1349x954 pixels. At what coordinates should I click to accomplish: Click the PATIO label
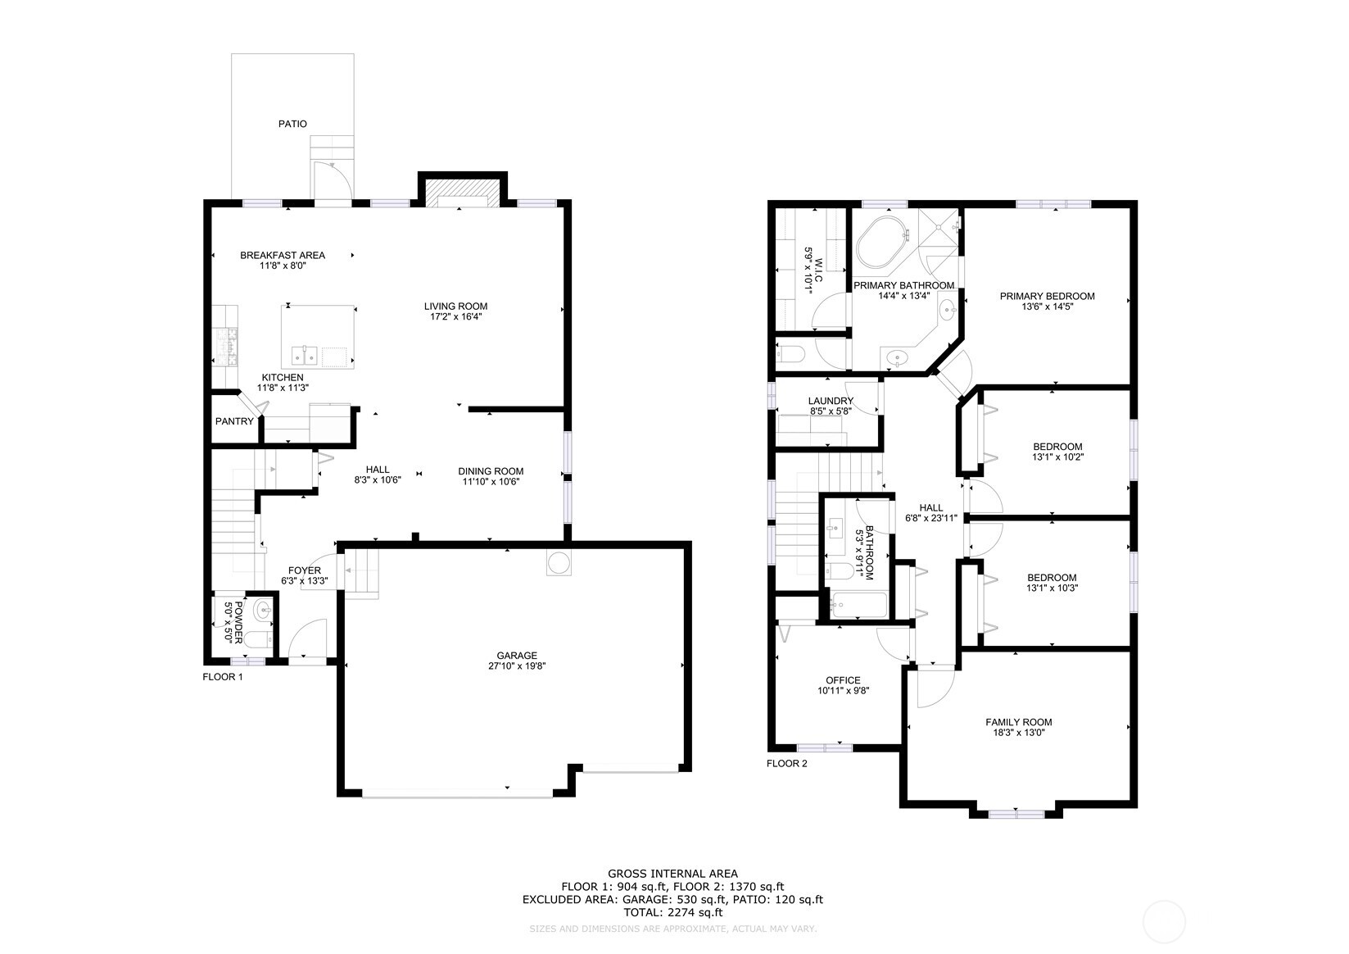pyautogui.click(x=292, y=124)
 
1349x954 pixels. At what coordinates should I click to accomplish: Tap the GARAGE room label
pyautogui.click(x=517, y=655)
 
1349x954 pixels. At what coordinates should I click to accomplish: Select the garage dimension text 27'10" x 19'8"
pyautogui.click(x=517, y=666)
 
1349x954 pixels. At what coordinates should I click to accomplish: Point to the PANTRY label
pyautogui.click(x=234, y=421)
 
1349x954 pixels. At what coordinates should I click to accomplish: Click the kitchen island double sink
pyautogui.click(x=305, y=356)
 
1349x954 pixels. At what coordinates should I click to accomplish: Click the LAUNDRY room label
pyautogui.click(x=831, y=401)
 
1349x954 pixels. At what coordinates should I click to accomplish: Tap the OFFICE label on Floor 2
pyautogui.click(x=843, y=680)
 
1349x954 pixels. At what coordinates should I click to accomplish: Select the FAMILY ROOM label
pyautogui.click(x=1018, y=722)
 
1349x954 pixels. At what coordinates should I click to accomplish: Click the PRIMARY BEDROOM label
pyautogui.click(x=1047, y=296)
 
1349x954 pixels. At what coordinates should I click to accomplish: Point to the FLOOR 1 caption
pyautogui.click(x=223, y=677)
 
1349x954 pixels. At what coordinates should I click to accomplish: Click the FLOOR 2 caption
pyautogui.click(x=787, y=764)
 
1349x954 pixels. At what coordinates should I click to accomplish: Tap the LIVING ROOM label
pyautogui.click(x=455, y=306)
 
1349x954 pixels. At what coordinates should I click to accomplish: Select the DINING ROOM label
pyautogui.click(x=491, y=470)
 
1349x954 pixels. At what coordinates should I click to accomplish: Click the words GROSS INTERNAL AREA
pyautogui.click(x=672, y=874)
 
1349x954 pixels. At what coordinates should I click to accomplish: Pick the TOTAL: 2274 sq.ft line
pyautogui.click(x=672, y=911)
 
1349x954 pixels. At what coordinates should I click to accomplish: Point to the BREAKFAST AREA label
pyautogui.click(x=283, y=255)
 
